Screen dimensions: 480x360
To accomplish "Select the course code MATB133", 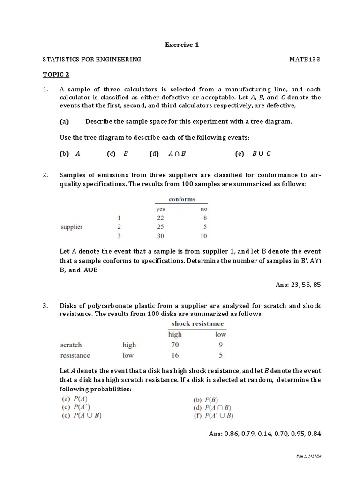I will (x=305, y=60).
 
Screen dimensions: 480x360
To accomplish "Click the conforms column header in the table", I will (x=182, y=199).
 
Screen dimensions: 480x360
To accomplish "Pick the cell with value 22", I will (x=161, y=218).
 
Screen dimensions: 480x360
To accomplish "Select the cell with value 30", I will (x=161, y=236).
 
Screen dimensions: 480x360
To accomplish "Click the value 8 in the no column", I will (x=204, y=218).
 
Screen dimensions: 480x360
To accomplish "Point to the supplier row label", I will (x=72, y=227).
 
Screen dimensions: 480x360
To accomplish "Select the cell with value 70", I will (x=174, y=345).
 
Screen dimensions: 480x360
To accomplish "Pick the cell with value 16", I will (x=174, y=355).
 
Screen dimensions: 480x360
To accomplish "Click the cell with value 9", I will (x=220, y=345).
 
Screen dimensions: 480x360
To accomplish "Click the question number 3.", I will (x=45, y=306).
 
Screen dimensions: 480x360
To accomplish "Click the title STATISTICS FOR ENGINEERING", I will (x=91, y=60).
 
